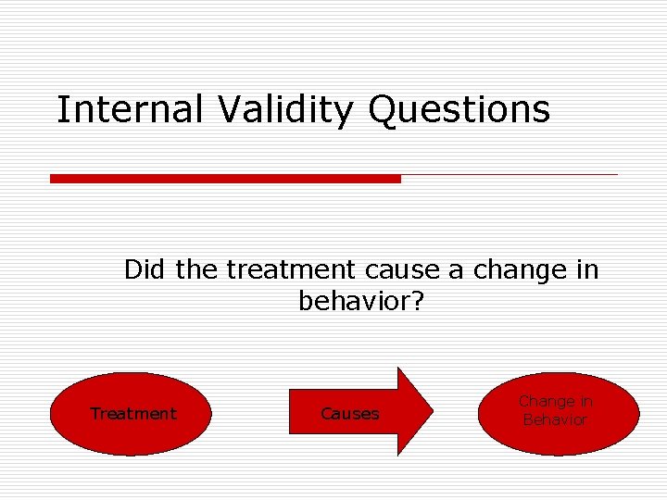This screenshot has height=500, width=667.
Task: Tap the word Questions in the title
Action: pyautogui.click(x=459, y=110)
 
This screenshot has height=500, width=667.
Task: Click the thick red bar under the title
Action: pyautogui.click(x=225, y=179)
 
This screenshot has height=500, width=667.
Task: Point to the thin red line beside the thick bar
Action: pyautogui.click(x=509, y=174)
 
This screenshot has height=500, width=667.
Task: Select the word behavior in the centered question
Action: pyautogui.click(x=352, y=302)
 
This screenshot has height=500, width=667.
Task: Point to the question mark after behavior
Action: pyautogui.click(x=416, y=302)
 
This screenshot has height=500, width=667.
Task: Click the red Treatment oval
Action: pyautogui.click(x=131, y=414)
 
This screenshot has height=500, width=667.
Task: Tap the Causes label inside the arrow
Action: pyautogui.click(x=349, y=414)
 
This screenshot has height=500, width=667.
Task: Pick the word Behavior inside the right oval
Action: pyautogui.click(x=555, y=420)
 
